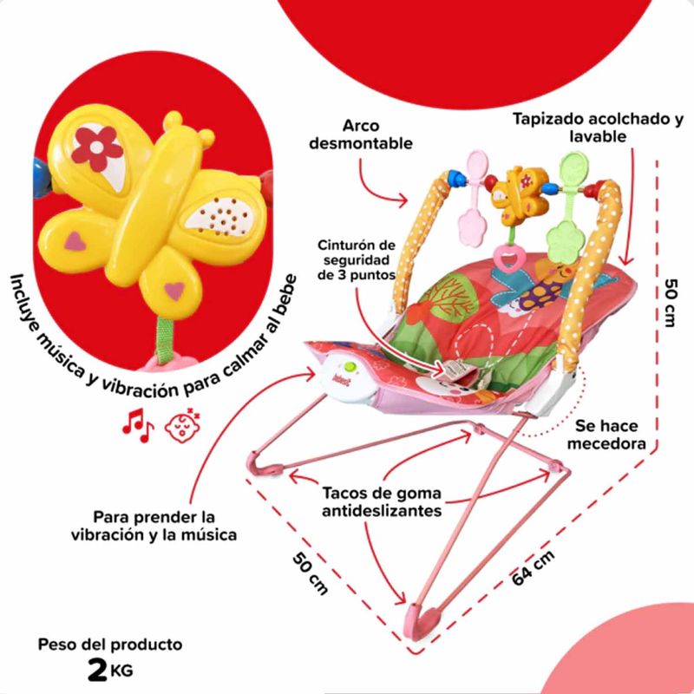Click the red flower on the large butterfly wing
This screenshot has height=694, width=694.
click(96, 146)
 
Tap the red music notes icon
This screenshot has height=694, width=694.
click(136, 422)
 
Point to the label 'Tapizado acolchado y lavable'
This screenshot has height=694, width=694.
click(598, 127)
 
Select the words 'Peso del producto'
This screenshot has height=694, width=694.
click(110, 645)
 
